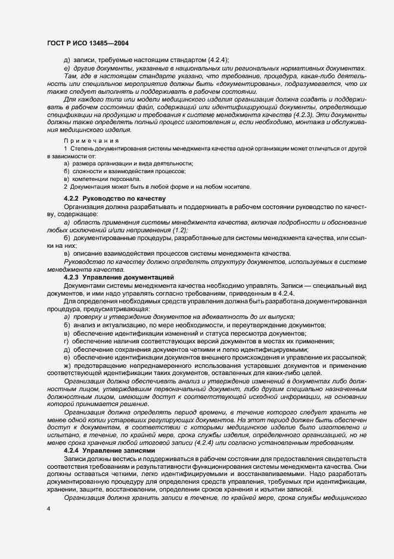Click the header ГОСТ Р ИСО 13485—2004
click(88, 44)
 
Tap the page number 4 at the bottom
click(48, 508)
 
